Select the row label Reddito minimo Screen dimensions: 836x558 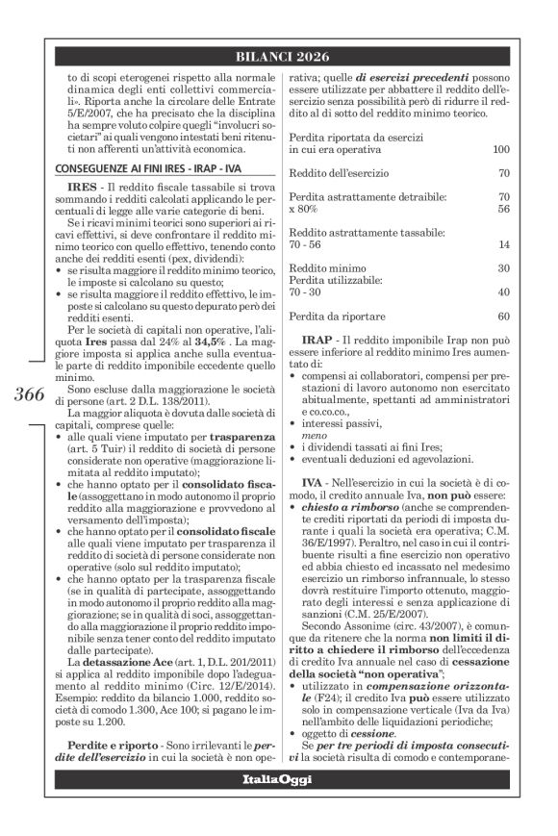tap(321, 267)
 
